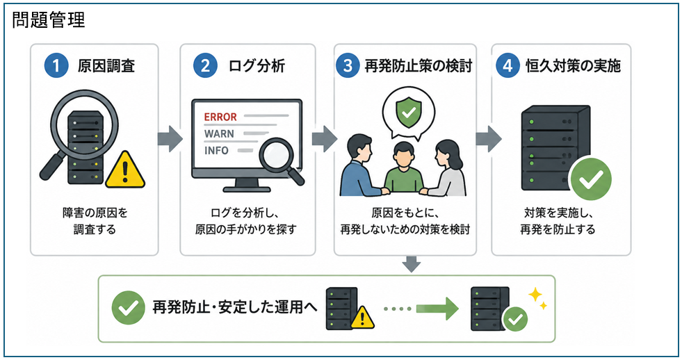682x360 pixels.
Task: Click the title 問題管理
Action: tap(48, 20)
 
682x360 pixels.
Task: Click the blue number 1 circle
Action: tap(56, 65)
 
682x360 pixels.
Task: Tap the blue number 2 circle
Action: tap(205, 65)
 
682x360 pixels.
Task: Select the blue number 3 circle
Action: tap(348, 65)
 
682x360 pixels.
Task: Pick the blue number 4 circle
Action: tap(508, 65)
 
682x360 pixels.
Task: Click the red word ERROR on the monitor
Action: tap(220, 117)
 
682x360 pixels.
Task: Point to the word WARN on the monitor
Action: tap(219, 133)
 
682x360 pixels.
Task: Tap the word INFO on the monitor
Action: tap(216, 150)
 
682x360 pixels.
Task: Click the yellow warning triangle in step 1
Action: tap(125, 171)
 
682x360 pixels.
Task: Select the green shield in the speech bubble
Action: tap(408, 112)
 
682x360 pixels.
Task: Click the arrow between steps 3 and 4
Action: tap(489, 139)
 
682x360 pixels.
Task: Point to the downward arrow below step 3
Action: tap(412, 264)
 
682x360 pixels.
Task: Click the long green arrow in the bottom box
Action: tap(437, 309)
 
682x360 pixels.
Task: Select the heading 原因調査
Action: tap(106, 66)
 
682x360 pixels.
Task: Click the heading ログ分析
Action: tap(257, 66)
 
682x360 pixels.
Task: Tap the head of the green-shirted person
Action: tap(404, 155)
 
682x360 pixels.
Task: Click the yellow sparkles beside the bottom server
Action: tap(537, 299)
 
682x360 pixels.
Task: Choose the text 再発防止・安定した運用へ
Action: tap(234, 307)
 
